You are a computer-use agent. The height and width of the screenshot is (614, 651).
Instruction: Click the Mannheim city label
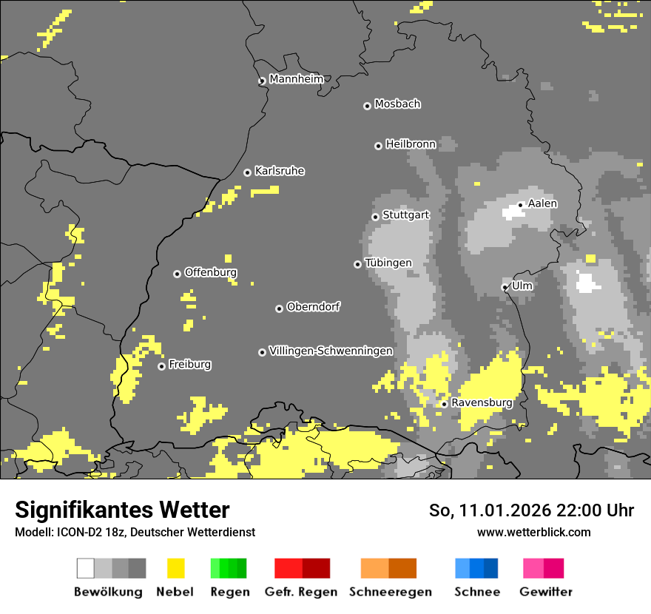click(x=296, y=79)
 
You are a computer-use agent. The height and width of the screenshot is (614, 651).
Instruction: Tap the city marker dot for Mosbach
click(x=367, y=106)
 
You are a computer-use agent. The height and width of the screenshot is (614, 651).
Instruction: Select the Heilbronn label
click(x=411, y=144)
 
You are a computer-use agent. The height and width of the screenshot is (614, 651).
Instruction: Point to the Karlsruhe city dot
click(x=247, y=172)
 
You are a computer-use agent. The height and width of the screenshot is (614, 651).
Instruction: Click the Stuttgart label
click(x=405, y=215)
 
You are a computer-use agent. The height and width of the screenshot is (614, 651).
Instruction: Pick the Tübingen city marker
click(x=357, y=264)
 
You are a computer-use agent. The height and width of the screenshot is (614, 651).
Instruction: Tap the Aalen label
click(x=542, y=203)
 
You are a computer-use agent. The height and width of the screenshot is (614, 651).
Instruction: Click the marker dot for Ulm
click(x=505, y=287)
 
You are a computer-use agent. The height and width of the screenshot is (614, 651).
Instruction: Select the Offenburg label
click(x=210, y=272)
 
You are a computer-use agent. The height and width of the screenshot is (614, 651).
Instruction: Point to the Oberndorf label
click(x=313, y=307)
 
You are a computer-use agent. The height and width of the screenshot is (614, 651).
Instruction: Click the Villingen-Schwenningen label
click(x=331, y=351)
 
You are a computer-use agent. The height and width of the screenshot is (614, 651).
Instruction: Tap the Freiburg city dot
click(x=161, y=366)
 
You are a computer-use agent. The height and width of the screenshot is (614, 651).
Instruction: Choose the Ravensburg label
click(x=482, y=402)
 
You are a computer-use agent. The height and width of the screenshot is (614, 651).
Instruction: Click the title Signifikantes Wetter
click(x=122, y=510)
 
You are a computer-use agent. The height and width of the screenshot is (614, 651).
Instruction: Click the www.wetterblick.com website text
click(x=533, y=532)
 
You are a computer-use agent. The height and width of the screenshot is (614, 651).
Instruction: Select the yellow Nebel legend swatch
click(x=176, y=568)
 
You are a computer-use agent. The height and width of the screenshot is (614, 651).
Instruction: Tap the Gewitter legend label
click(x=545, y=592)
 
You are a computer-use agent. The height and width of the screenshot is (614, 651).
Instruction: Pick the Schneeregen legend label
click(x=391, y=592)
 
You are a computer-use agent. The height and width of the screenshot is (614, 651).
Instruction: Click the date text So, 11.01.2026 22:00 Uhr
click(x=531, y=510)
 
